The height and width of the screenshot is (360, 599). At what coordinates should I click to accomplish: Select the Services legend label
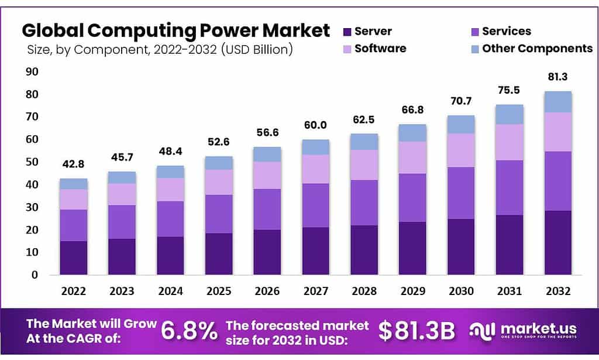tap(507, 32)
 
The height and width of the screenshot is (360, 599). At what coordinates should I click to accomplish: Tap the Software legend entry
tap(380, 48)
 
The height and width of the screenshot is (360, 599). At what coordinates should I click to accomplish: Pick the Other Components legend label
tap(537, 48)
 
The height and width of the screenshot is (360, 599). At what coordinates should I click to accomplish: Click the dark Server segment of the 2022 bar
tap(74, 258)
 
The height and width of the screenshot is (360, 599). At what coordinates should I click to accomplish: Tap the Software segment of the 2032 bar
tap(557, 132)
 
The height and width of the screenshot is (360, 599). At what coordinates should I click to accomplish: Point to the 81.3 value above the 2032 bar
tap(557, 77)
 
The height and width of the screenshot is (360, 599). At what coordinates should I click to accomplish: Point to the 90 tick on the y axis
tap(32, 71)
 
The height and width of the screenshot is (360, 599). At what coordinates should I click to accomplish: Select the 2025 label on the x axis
tap(219, 291)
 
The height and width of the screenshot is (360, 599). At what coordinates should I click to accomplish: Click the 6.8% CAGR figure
tap(188, 331)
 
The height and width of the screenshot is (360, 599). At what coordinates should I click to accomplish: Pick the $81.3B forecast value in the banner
tap(416, 331)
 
